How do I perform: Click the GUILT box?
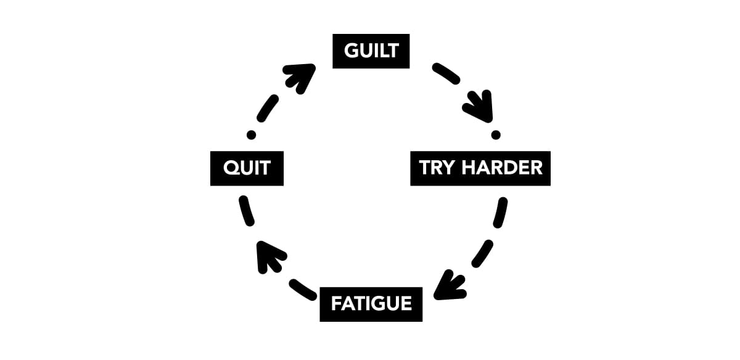pyautogui.click(x=371, y=51)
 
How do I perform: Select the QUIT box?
pyautogui.click(x=247, y=168)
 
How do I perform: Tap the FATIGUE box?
pyautogui.click(x=371, y=304)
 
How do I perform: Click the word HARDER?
pyautogui.click(x=502, y=168)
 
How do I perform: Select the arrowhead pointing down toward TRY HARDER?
pyautogui.click(x=480, y=107)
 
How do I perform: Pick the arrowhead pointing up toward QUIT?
pyautogui.click(x=269, y=256)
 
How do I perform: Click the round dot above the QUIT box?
pyautogui.click(x=251, y=135)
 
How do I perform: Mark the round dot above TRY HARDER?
pyautogui.click(x=496, y=135)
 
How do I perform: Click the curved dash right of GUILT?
pyautogui.click(x=446, y=73)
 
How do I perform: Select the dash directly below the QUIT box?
pyautogui.click(x=247, y=211)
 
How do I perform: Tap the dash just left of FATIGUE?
pyautogui.click(x=303, y=290)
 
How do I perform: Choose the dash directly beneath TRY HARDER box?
pyautogui.click(x=500, y=213)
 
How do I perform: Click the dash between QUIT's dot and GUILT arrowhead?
pyautogui.click(x=268, y=108)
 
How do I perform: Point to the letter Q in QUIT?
pyautogui.click(x=231, y=168)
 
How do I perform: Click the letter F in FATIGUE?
pyautogui.click(x=336, y=303)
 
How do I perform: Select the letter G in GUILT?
pyautogui.click(x=351, y=51)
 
